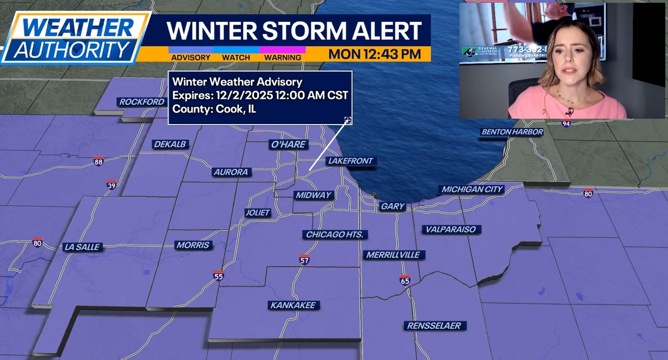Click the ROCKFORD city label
click(x=142, y=102)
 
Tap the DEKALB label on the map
click(x=170, y=144)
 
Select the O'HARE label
click(x=288, y=145)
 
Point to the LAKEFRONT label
click(x=350, y=161)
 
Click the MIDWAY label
click(x=313, y=195)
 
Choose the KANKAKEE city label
click(x=294, y=305)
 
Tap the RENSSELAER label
click(x=434, y=326)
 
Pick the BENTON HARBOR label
click(x=512, y=132)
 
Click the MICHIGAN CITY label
click(x=473, y=189)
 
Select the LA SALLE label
click(x=82, y=247)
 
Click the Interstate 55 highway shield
click(x=218, y=276)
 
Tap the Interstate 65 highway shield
click(x=405, y=280)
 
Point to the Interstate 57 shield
click(x=305, y=260)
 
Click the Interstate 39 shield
click(x=111, y=185)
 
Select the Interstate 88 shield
click(x=98, y=161)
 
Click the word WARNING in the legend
click(x=282, y=58)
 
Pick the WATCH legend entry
click(x=236, y=58)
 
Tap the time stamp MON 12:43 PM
click(x=375, y=54)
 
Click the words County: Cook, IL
click(x=214, y=109)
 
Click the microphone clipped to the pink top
click(x=570, y=113)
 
